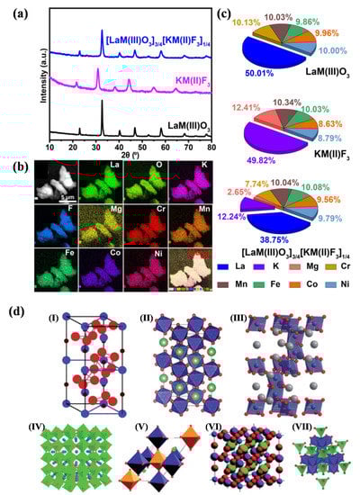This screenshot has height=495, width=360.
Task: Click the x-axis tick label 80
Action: pyautogui.click(x=211, y=146)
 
